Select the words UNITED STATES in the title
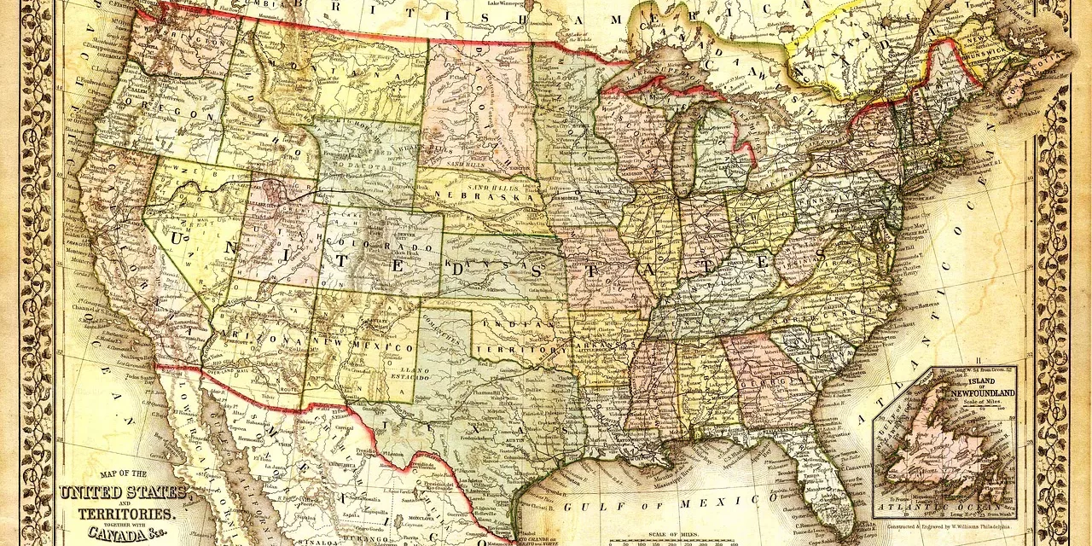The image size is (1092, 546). click(122, 492)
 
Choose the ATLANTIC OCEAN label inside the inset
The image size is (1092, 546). click(934, 511)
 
